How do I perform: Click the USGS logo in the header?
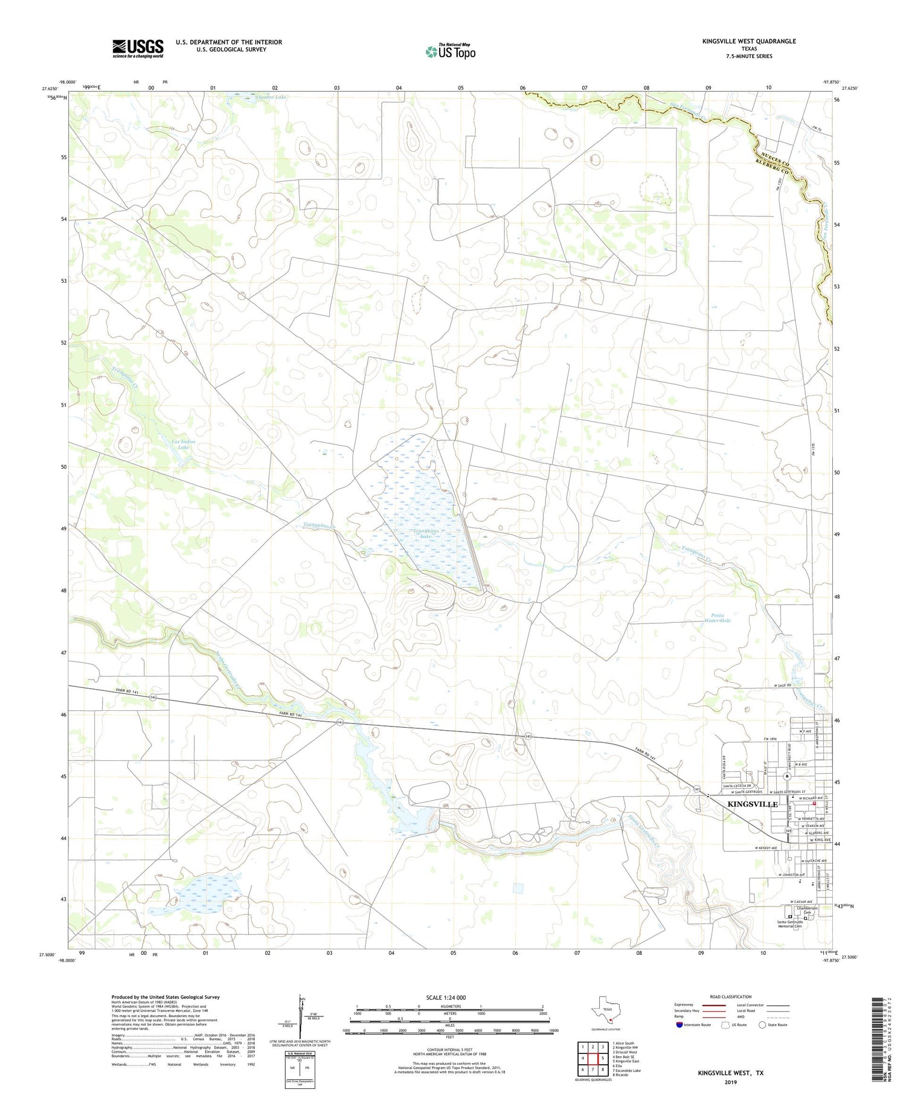click(138, 48)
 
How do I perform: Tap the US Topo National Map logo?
click(450, 51)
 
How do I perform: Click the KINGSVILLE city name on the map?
click(753, 804)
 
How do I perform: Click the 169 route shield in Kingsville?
click(788, 831)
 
